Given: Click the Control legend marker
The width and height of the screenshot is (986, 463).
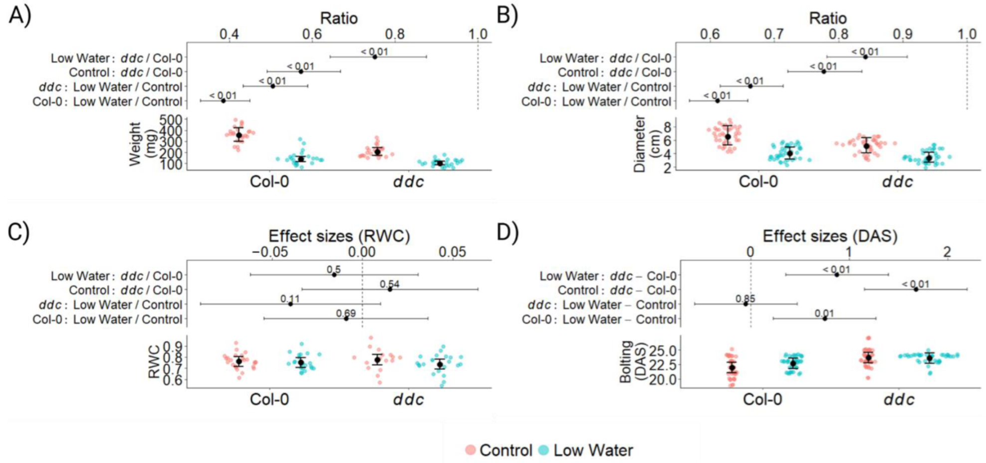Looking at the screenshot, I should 470,450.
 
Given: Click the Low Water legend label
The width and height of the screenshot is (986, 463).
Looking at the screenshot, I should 593,450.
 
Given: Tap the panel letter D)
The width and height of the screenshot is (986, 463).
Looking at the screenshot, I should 508,233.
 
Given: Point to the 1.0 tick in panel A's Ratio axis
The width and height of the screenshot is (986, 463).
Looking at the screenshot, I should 478,34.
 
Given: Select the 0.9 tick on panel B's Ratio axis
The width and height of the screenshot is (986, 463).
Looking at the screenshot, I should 903,34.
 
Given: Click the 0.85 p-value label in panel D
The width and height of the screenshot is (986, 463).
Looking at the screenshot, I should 745,299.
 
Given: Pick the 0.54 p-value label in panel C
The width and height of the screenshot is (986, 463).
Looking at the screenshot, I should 390,284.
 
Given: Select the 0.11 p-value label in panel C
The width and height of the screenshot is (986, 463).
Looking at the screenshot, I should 290,299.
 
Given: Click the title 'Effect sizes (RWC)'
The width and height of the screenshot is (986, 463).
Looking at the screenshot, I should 339,236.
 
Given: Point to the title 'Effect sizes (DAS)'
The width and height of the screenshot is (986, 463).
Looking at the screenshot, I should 830,236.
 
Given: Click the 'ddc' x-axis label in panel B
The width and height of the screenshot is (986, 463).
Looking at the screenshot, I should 897,181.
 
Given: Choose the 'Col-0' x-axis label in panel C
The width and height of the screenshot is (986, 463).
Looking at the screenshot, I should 269,399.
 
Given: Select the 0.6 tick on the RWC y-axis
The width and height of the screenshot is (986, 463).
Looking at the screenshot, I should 173,380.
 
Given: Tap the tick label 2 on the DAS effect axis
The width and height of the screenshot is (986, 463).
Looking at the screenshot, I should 947,252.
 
